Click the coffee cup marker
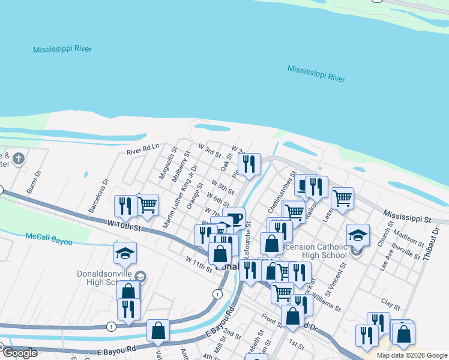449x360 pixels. [x=234, y=218]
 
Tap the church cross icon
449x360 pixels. [x=19, y=159]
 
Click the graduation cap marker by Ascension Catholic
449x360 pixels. [x=358, y=235]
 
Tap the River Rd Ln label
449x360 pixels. [x=142, y=149]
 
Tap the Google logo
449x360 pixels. [x=20, y=353]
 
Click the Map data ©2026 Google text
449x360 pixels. [x=411, y=355]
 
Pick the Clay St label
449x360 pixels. [x=390, y=305]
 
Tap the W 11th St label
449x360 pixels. [x=199, y=264]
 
